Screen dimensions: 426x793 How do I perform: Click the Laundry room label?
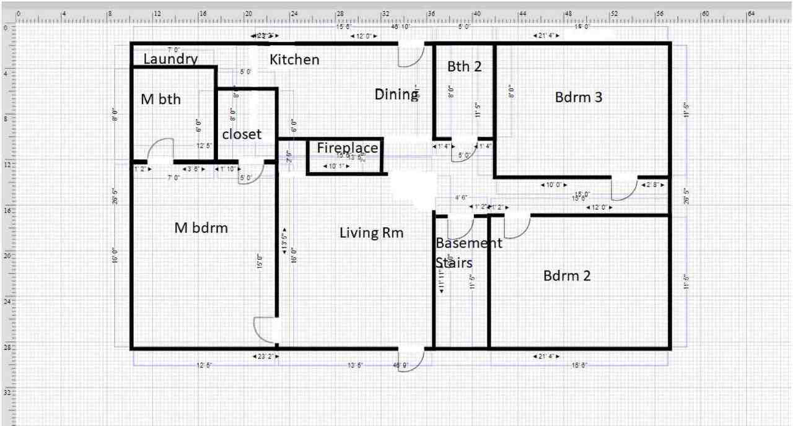[x=170, y=59]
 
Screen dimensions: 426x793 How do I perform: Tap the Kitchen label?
[x=295, y=60]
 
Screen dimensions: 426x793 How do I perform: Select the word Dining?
[x=396, y=94]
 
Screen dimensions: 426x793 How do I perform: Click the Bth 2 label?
[x=464, y=66]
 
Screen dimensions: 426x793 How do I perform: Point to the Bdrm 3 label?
[x=579, y=97]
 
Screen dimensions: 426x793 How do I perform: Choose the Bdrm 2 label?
[x=567, y=276]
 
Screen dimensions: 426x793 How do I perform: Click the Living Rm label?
[x=371, y=233]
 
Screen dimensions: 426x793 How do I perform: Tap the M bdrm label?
[x=201, y=228]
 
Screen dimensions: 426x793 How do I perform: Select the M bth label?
[x=161, y=99]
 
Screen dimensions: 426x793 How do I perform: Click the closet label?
[x=242, y=134]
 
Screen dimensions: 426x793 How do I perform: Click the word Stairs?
[x=454, y=263]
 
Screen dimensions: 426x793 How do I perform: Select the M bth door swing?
[x=160, y=150]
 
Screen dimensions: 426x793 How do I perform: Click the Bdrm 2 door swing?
[x=517, y=227]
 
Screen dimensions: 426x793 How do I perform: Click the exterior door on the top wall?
[x=410, y=55]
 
